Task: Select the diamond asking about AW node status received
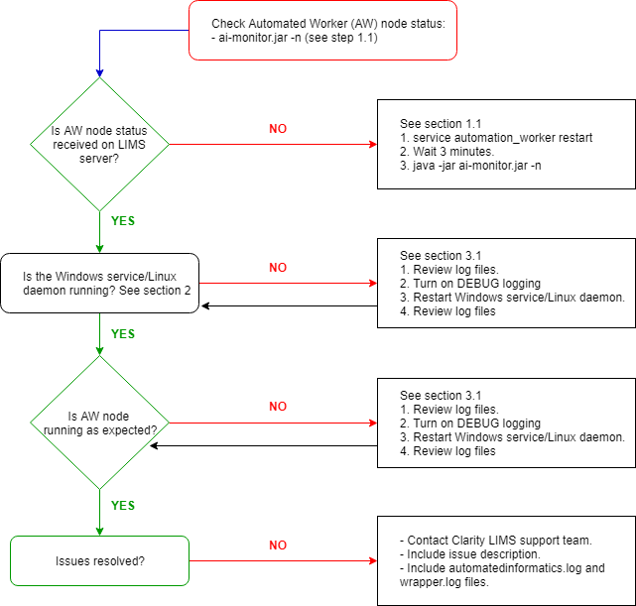click(x=100, y=145)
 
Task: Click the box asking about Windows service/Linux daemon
click(x=99, y=283)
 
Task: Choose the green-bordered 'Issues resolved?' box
click(x=99, y=560)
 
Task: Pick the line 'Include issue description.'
click(x=471, y=554)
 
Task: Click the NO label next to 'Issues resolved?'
click(x=278, y=545)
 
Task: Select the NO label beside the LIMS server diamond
click(x=278, y=129)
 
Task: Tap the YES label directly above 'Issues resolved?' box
click(x=122, y=505)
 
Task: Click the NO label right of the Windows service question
click(x=278, y=268)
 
